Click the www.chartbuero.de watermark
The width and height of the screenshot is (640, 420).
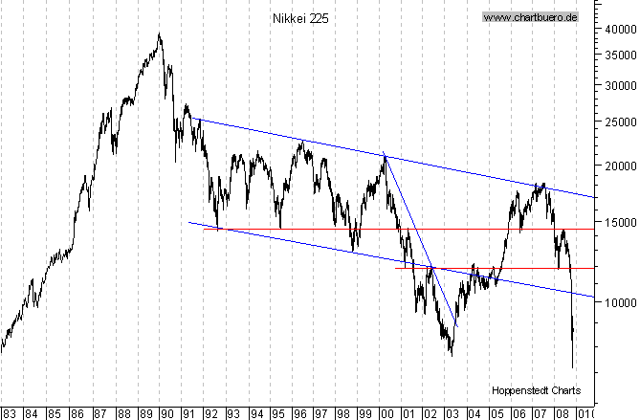(x=530, y=17)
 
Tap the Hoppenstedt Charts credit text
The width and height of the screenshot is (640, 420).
(x=536, y=390)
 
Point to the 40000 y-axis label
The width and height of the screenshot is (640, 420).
(x=619, y=29)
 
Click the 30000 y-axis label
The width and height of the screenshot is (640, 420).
(x=619, y=86)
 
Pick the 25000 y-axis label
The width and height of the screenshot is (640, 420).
(x=619, y=122)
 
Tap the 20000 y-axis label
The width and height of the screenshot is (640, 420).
(x=619, y=166)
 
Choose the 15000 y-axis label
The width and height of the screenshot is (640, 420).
(x=619, y=222)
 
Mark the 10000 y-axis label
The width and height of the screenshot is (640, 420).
(x=619, y=302)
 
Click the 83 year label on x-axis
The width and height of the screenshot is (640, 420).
(x=11, y=413)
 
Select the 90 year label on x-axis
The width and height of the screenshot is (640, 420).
(x=166, y=413)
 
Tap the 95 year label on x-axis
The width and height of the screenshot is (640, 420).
(x=277, y=413)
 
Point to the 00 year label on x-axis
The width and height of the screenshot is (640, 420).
(x=387, y=413)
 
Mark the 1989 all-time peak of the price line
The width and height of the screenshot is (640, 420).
(x=159, y=35)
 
